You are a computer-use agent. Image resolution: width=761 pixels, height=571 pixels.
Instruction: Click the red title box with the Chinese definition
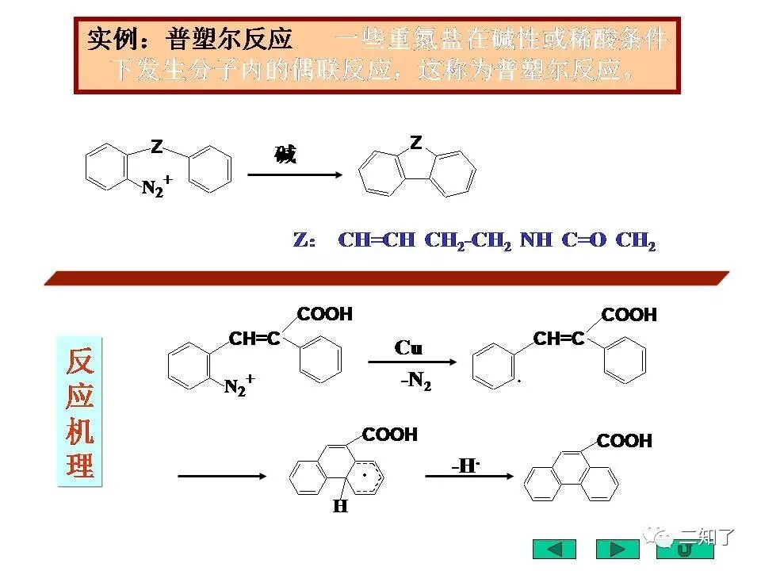pos(377,55)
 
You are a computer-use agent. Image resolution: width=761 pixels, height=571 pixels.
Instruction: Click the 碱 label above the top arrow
pos(285,155)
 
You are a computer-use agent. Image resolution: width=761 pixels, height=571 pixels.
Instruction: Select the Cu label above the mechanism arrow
pos(408,348)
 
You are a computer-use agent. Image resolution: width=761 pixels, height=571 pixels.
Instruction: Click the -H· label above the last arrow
pos(466,466)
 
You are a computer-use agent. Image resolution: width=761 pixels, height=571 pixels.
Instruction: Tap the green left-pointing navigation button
pos(555,549)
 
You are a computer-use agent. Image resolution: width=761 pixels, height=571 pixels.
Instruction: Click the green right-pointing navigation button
pos(617,549)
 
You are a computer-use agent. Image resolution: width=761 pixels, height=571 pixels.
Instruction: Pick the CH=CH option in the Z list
pos(377,240)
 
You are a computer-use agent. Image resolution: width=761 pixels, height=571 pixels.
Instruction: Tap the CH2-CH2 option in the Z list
pos(468,240)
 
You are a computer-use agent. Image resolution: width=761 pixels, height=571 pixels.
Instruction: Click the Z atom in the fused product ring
pos(416,143)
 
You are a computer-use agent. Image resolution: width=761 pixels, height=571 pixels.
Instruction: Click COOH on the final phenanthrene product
pos(624,441)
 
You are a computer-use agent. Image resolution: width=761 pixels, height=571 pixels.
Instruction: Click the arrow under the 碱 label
pos(295,174)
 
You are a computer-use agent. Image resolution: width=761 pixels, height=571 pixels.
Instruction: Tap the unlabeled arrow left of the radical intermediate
pos(222,476)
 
